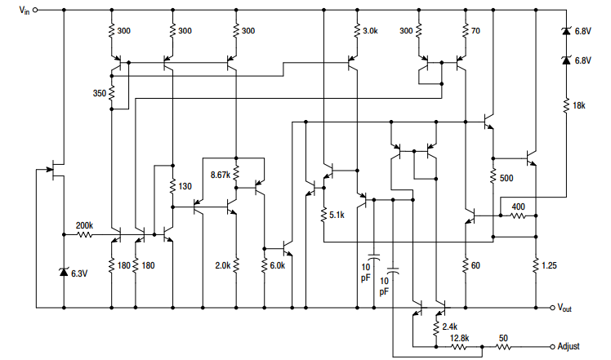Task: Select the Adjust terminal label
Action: [x=573, y=346]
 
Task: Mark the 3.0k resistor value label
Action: [x=371, y=31]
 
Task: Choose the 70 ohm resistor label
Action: [x=477, y=31]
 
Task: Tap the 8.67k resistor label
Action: [x=221, y=175]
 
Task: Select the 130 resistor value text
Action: [x=185, y=186]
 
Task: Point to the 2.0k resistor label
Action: [x=221, y=265]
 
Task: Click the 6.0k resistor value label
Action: [x=278, y=265]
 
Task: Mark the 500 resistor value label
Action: [x=506, y=178]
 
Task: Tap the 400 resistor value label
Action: [x=518, y=207]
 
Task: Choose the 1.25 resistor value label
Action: [x=552, y=265]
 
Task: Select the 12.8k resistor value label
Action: [x=458, y=337]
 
